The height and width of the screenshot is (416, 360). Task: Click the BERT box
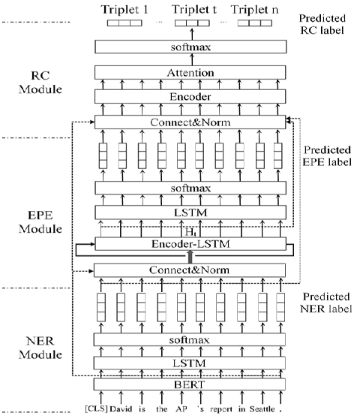coord(190,384)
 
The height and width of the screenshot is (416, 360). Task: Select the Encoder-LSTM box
coord(190,243)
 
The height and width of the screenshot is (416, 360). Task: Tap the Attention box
coord(190,73)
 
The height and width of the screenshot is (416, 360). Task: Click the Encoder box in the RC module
coord(190,97)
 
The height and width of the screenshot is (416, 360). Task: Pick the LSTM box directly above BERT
coord(190,362)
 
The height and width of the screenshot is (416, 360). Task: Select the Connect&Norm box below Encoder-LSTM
coord(190,270)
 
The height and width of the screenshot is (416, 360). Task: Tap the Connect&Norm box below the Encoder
coord(190,122)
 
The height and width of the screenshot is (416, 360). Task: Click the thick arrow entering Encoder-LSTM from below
coord(190,256)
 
